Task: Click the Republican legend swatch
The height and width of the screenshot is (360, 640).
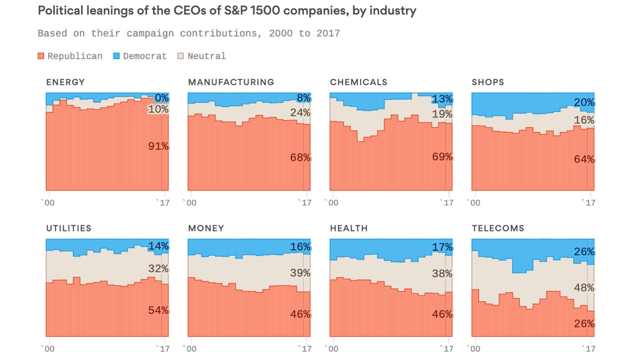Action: (x=41, y=56)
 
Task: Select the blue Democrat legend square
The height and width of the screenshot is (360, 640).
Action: (x=116, y=56)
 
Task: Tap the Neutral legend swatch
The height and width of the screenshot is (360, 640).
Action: (x=181, y=56)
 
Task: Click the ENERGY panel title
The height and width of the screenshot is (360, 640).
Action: (x=66, y=82)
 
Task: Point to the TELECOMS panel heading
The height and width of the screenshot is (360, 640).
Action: (x=498, y=228)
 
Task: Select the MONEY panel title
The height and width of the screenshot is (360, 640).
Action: (x=206, y=228)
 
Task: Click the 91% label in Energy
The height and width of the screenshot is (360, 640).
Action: (x=158, y=146)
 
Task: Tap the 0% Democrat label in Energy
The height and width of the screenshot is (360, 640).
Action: (x=162, y=98)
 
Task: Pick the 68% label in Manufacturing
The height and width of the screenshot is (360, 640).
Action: (x=300, y=157)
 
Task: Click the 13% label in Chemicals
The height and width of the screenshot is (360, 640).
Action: (x=442, y=99)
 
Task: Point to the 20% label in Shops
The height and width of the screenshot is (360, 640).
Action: (x=584, y=102)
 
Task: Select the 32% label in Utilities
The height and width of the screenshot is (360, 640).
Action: (x=158, y=268)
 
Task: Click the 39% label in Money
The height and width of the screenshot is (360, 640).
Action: (x=300, y=273)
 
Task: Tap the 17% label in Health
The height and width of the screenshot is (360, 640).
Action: (x=442, y=247)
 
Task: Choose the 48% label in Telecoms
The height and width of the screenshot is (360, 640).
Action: (x=584, y=288)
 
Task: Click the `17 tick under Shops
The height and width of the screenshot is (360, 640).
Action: (x=588, y=203)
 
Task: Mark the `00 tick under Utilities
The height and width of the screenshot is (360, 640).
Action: (x=48, y=349)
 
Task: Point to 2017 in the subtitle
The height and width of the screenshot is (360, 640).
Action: (x=328, y=33)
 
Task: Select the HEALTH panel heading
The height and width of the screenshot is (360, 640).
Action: (x=349, y=228)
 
